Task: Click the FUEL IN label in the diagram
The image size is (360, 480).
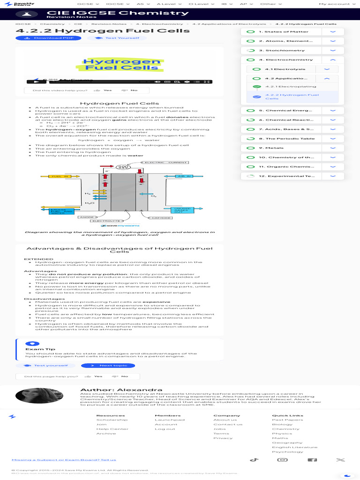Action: pos(60,176)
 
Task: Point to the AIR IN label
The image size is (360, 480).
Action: pos(184,176)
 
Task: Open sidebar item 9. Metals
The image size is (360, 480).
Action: pos(274,148)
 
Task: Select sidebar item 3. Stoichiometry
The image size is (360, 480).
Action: pos(278,50)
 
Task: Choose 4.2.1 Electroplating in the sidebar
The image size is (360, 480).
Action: pos(290,87)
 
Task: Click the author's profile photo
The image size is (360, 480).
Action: pos(32,396)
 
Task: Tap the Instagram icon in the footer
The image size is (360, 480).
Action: pos(283,460)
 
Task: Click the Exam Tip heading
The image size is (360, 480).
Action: pos(40,349)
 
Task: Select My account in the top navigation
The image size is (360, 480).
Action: pos(334,4)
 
